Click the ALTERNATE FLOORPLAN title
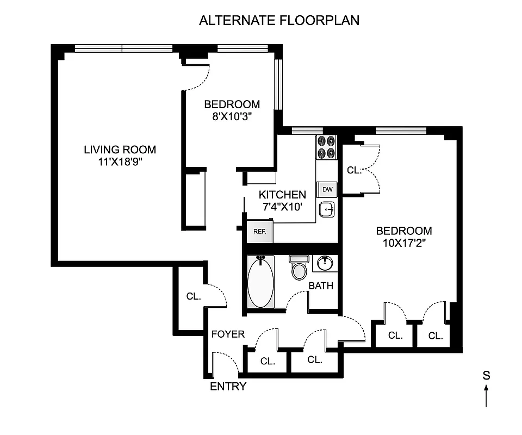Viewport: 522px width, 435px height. tap(279, 21)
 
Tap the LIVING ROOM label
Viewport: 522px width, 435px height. tap(120, 150)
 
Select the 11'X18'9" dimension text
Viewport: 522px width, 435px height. tap(120, 162)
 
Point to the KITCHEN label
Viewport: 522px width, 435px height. tap(282, 195)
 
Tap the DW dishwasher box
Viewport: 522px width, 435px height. tap(327, 189)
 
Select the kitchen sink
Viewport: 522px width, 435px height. tap(327, 208)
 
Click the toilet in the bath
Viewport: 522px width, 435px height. tap(299, 268)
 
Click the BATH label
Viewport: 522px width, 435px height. tap(321, 286)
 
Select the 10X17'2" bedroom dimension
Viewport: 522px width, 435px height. tap(404, 243)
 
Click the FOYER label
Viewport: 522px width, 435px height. tap(228, 334)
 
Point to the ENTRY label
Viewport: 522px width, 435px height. tap(228, 387)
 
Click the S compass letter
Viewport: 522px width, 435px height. tap(487, 375)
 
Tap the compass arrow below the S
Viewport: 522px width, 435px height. tap(487, 396)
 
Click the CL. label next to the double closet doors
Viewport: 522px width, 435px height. tap(354, 170)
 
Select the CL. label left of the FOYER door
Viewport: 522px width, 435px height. tap(194, 297)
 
